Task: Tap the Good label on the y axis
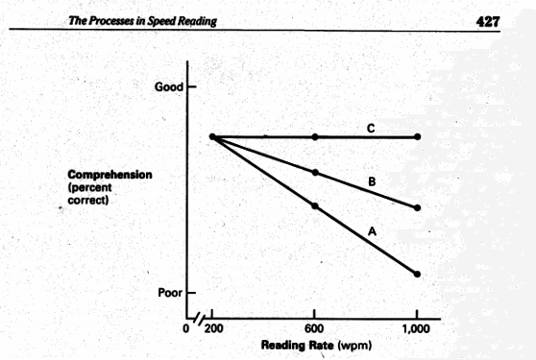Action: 168,86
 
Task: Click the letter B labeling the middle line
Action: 370,180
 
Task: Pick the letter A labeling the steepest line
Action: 370,230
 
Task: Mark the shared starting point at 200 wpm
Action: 211,137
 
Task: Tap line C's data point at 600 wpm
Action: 315,137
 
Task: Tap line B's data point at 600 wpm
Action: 315,173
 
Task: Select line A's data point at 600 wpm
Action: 315,206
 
